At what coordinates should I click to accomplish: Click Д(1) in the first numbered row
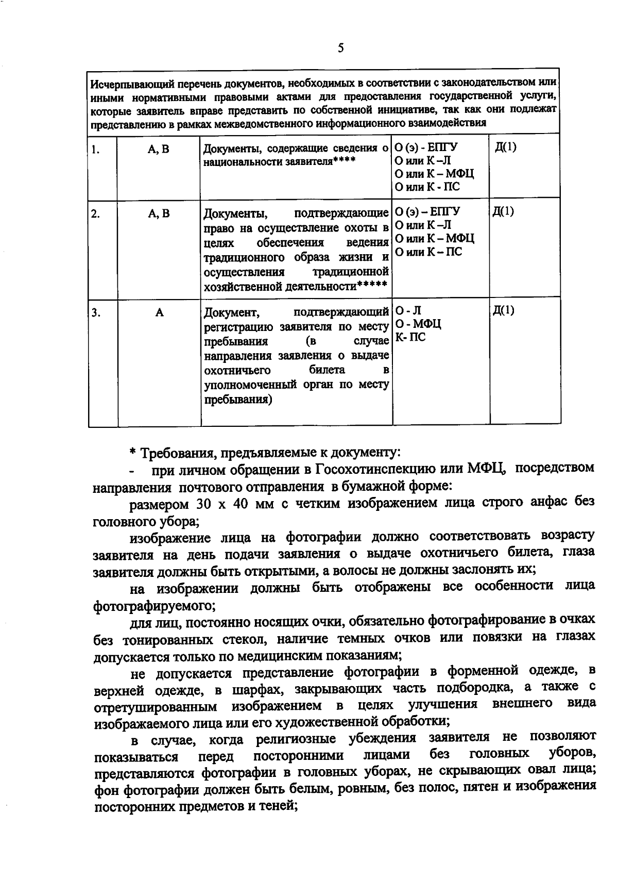coord(505,147)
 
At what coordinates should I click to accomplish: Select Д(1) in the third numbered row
coord(504,310)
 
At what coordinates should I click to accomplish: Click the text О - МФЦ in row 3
coord(418,324)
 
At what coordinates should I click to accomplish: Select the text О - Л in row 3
coord(408,310)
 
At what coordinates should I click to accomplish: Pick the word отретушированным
coord(156,705)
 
